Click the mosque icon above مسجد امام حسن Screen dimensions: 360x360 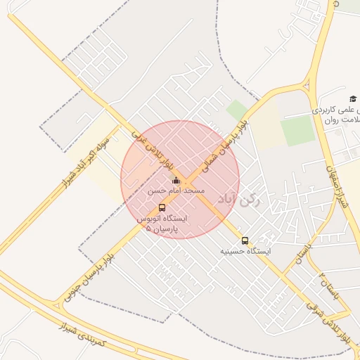[176, 181]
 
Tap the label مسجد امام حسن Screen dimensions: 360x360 [176, 191]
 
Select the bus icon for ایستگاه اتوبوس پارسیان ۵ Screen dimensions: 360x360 [162, 207]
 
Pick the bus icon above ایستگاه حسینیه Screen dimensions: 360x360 [245, 240]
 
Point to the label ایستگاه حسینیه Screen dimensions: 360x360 [245, 250]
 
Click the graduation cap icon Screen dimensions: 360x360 [352, 99]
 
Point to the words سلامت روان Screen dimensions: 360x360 [342, 120]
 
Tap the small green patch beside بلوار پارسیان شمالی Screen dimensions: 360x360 [236, 110]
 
